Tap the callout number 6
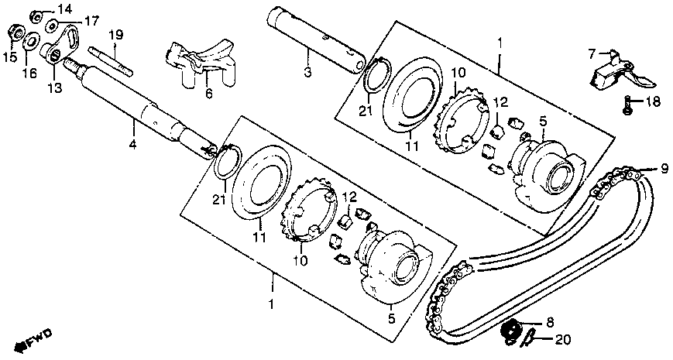pos(208,93)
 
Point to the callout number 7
pos(591,53)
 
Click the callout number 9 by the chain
pos(664,168)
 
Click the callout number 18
pos(652,101)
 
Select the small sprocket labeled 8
pos(510,331)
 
